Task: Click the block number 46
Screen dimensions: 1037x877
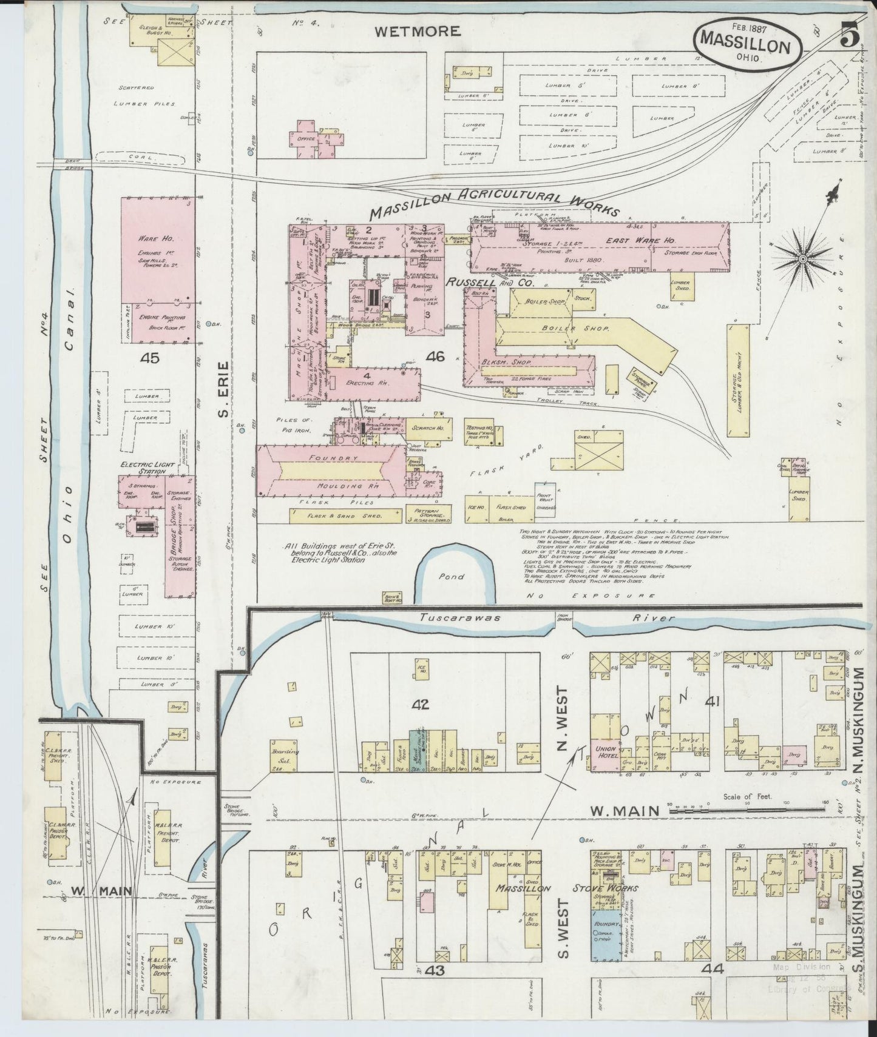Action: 435,357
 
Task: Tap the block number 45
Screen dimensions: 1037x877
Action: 149,358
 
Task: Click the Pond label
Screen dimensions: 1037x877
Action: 453,577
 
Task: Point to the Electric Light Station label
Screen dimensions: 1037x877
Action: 140,468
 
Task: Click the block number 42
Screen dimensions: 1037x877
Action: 420,704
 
